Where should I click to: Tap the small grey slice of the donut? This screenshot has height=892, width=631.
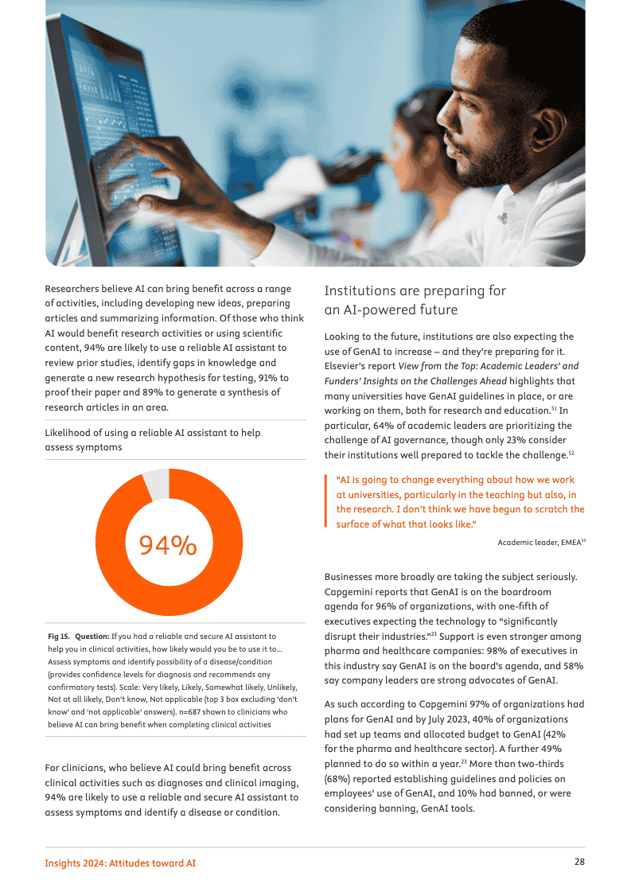[157, 483]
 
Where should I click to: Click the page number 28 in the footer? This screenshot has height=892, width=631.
[579, 862]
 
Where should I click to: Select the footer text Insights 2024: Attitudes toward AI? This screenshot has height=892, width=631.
[120, 863]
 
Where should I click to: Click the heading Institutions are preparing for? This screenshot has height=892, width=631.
[415, 290]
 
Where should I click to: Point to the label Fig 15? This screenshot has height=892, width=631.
[59, 637]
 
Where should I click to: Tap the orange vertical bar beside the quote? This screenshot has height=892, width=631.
[326, 501]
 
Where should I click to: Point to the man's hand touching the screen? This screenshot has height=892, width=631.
[159, 159]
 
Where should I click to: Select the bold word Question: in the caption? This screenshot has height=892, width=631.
[92, 637]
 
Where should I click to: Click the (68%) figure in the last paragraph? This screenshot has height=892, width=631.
[338, 780]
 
